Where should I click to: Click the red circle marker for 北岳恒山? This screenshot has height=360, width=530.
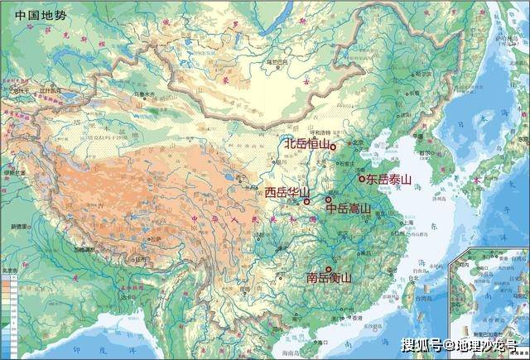[334, 146]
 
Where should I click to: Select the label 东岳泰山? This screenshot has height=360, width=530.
[388, 178]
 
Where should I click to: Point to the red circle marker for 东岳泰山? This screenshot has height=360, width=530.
[361, 177]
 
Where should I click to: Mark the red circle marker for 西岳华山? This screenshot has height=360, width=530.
[306, 200]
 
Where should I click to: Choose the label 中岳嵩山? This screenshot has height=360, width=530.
[349, 209]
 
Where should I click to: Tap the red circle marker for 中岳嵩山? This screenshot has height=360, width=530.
[329, 199]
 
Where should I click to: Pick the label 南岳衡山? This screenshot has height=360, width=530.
[329, 278]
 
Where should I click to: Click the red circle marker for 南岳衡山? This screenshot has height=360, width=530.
[330, 268]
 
